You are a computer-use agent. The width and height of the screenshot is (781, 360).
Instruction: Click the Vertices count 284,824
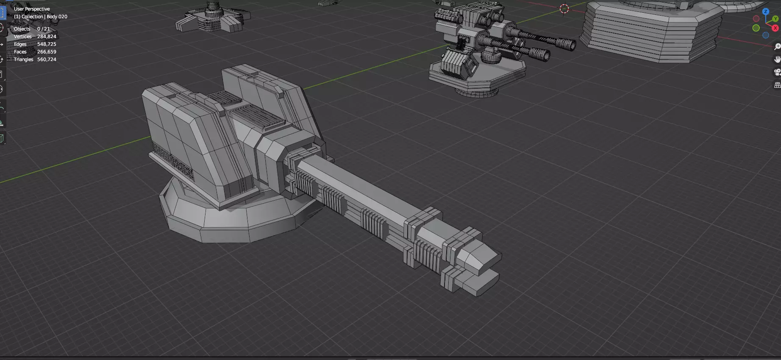click(46, 36)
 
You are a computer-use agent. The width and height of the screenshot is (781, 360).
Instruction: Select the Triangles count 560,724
click(46, 59)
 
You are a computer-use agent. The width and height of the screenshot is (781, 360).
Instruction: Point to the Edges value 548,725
click(46, 44)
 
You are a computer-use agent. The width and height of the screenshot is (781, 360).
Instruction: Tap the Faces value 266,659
click(46, 52)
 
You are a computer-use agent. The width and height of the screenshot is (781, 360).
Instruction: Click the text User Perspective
click(32, 9)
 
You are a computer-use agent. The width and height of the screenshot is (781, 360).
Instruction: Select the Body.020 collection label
click(57, 17)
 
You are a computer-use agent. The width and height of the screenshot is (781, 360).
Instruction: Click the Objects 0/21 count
click(43, 29)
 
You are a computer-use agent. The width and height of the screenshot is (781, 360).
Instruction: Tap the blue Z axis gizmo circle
click(765, 12)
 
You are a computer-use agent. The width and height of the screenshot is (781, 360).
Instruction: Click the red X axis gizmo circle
click(775, 28)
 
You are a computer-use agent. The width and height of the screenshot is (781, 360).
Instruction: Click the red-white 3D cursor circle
click(564, 8)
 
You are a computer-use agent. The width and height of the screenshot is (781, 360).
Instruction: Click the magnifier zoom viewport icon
click(777, 47)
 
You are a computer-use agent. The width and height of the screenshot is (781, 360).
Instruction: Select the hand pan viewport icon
click(777, 59)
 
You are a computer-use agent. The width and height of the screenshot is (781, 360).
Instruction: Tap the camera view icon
click(777, 72)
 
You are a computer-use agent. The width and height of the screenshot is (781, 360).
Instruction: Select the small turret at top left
click(212, 19)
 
